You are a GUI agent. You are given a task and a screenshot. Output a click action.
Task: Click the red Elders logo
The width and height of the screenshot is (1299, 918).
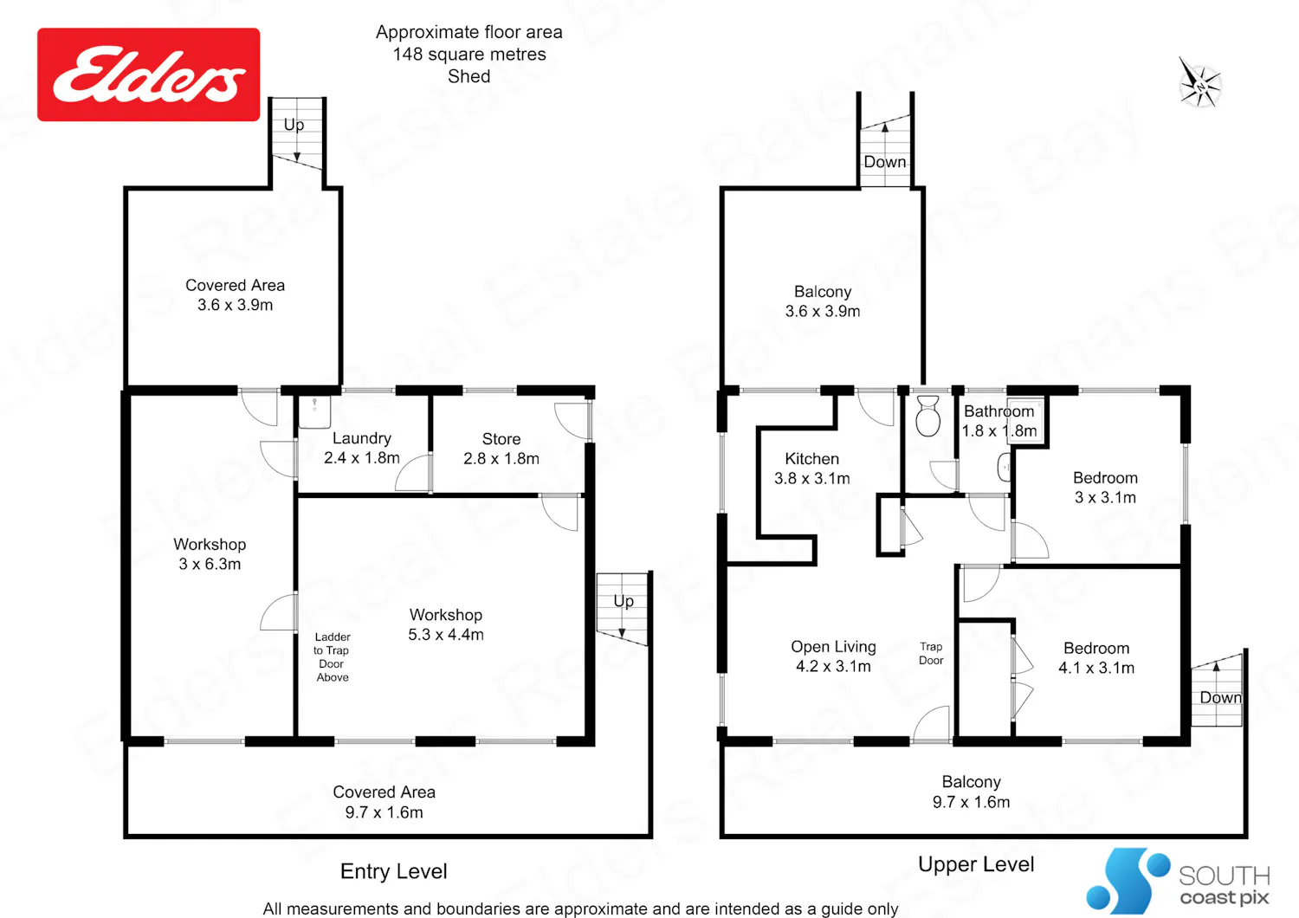point(148,74)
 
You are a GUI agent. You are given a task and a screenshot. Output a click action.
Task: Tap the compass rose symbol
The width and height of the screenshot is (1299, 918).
point(1199,86)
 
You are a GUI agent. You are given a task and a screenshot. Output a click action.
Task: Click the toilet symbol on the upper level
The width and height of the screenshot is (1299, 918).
point(927,415)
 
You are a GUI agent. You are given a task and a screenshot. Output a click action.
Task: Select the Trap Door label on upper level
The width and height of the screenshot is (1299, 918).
point(931,653)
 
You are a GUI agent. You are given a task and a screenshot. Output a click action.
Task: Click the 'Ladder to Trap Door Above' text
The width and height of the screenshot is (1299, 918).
point(332,656)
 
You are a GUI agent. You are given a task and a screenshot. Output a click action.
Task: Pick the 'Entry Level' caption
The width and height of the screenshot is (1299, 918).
point(394,871)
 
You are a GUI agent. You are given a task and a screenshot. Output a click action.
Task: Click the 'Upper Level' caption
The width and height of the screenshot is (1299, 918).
point(976,864)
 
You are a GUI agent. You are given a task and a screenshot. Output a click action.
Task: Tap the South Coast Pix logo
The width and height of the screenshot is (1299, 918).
point(1177,881)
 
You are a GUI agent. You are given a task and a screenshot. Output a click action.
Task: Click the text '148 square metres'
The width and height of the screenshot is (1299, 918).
point(469,54)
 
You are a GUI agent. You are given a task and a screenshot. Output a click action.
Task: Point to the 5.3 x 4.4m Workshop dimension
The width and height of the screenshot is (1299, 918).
point(445,635)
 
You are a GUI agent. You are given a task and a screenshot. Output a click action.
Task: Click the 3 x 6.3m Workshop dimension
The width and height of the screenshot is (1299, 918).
point(210,564)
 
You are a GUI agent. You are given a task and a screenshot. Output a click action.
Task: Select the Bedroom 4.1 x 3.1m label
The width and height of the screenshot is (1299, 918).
point(1096,657)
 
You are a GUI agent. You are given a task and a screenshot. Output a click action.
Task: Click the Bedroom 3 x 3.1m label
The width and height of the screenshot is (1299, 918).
point(1105,487)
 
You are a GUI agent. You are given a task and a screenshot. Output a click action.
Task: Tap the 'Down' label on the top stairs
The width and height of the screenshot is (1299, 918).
point(884,162)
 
